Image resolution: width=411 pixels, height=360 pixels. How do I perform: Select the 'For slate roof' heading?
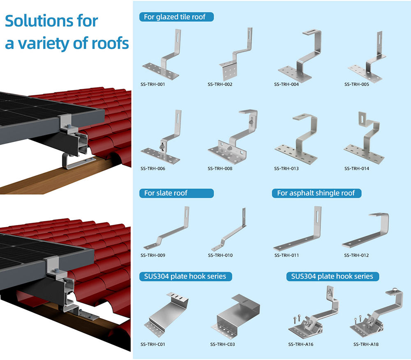coord(166,193)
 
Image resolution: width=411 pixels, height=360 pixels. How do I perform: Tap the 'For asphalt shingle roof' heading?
coord(316,193)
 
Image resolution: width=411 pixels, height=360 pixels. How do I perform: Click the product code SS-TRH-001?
coord(153,85)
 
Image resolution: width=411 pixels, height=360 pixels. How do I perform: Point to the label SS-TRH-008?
coord(220,168)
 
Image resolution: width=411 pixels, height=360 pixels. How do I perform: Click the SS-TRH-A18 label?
coord(366,344)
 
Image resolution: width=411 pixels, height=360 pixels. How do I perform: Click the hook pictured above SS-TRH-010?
coord(230,230)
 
